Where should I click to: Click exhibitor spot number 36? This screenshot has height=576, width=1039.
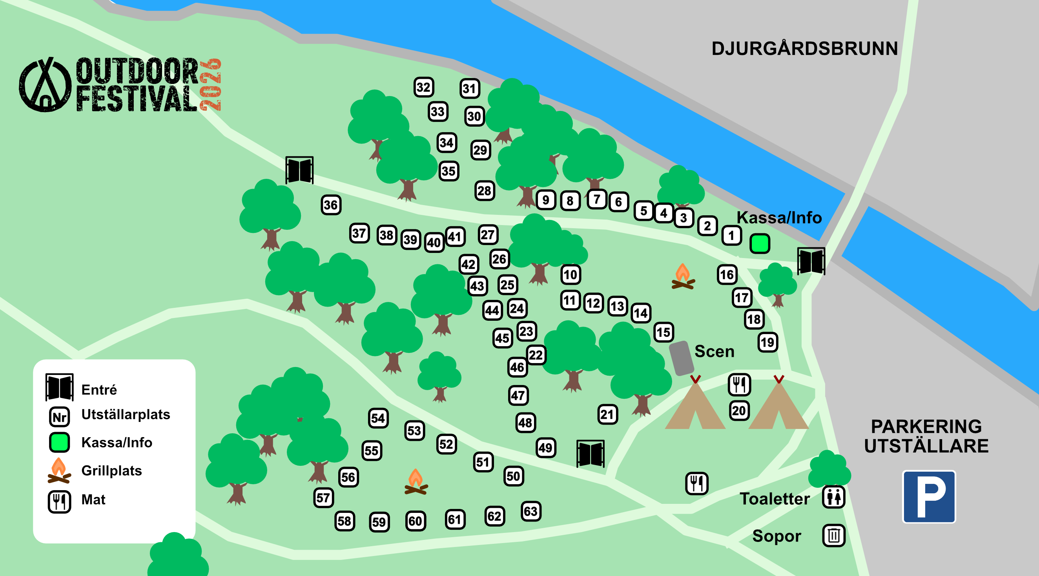point(331,205)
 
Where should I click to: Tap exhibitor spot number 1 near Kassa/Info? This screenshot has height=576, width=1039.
point(731,235)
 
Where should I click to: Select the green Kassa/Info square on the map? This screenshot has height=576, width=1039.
point(760,243)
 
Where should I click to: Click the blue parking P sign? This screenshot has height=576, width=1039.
point(928,496)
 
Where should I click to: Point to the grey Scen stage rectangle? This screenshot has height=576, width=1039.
point(681,358)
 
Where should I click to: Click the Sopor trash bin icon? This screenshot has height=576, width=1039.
point(834,536)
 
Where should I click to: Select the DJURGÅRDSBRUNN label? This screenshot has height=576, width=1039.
point(804,49)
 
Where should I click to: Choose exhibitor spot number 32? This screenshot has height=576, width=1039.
point(423,87)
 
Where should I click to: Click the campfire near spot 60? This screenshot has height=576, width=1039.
point(416,482)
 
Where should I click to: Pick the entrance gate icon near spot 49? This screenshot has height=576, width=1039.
point(590,453)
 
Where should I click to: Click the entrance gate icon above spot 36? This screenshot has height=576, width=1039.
point(299,170)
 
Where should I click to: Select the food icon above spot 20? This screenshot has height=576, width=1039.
point(739,384)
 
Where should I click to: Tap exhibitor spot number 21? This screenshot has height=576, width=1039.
point(607,414)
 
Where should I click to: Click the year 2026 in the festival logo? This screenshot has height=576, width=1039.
point(211,85)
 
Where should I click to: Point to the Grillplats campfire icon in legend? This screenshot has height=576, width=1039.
point(59,471)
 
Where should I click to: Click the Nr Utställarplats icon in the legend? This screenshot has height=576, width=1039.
point(59,417)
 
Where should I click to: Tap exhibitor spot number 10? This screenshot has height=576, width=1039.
point(571,274)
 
